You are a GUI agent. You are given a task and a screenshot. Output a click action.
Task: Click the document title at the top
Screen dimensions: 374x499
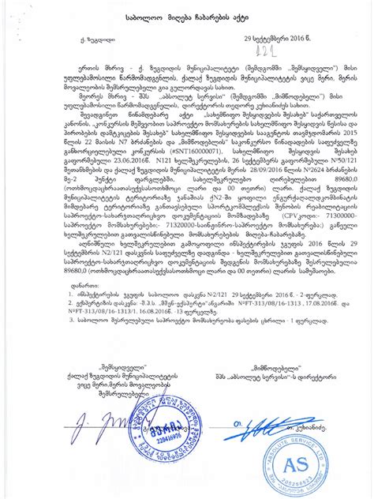(x=187, y=15)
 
